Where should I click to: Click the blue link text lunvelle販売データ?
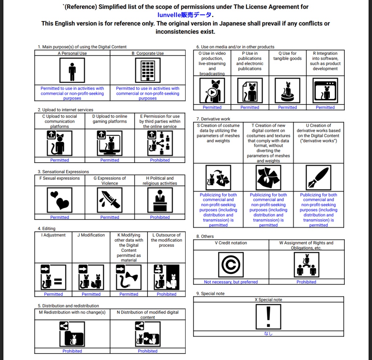pyautogui.click(x=185, y=15)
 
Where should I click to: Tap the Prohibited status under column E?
pyautogui.click(x=160, y=160)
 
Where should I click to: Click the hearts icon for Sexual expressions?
pyautogui.click(x=60, y=200)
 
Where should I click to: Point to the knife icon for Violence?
pyautogui.click(x=110, y=200)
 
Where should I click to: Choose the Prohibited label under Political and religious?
pyautogui.click(x=160, y=217)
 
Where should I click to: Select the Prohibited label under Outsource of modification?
pyautogui.click(x=166, y=294)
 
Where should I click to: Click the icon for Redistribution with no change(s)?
pyautogui.click(x=72, y=334)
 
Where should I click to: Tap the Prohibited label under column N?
pyautogui.click(x=147, y=351)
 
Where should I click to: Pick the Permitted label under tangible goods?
pyautogui.click(x=287, y=107)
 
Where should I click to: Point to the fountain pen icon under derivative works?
pyautogui.click(x=318, y=177)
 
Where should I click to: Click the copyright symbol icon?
pyautogui.click(x=231, y=265)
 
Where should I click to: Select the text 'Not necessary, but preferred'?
pyautogui.click(x=231, y=282)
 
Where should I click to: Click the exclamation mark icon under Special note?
pyautogui.click(x=268, y=316)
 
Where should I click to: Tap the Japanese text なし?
pyautogui.click(x=268, y=334)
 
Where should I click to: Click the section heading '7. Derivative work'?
pyautogui.click(x=213, y=119)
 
